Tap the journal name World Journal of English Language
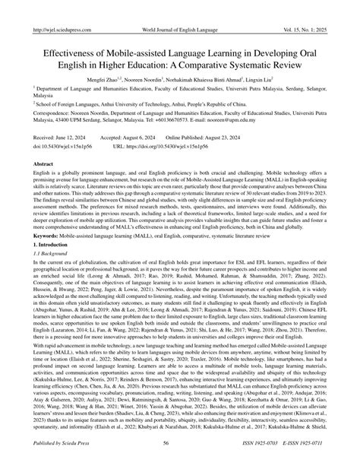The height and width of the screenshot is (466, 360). click(x=179, y=8)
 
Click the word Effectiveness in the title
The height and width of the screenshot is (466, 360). click(x=70, y=35)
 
